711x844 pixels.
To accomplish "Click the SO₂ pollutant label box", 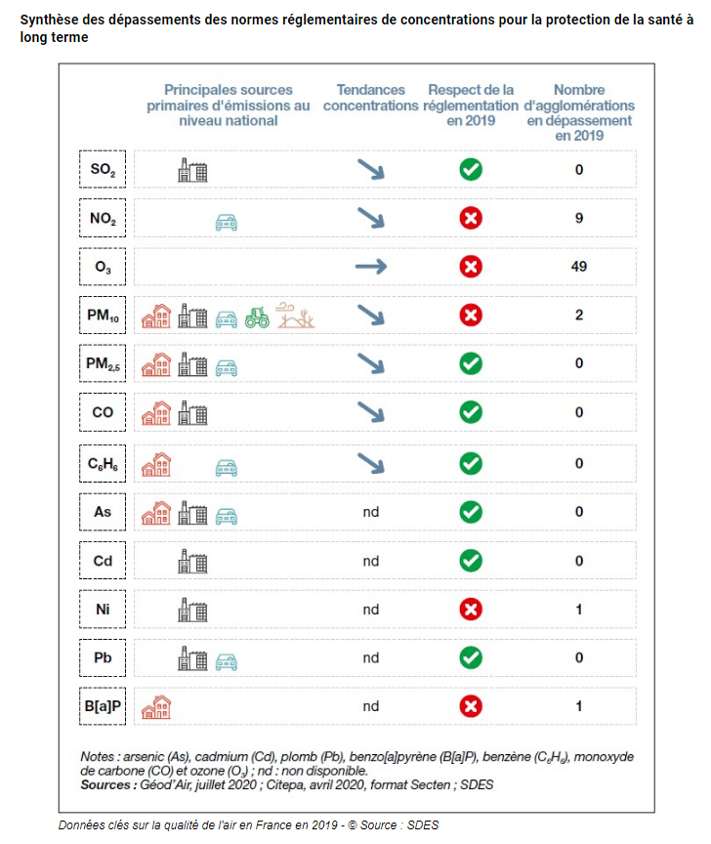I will pyautogui.click(x=103, y=170).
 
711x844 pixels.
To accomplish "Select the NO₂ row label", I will pyautogui.click(x=103, y=219).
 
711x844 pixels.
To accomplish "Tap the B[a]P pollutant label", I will pyautogui.click(x=103, y=705).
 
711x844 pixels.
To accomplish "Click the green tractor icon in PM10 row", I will pyautogui.click(x=257, y=316).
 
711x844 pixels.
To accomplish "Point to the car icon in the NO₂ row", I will pyautogui.click(x=227, y=223).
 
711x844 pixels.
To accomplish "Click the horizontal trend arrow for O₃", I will pyautogui.click(x=370, y=267).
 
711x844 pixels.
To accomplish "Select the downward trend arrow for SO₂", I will pyautogui.click(x=370, y=170).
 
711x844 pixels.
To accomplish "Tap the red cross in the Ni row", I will pyautogui.click(x=471, y=610).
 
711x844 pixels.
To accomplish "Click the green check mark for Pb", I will pyautogui.click(x=471, y=657).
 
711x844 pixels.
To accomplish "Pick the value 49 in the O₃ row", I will pyautogui.click(x=579, y=267).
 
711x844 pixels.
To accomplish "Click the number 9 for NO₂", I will pyautogui.click(x=579, y=219).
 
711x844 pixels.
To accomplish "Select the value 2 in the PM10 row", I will pyautogui.click(x=579, y=316).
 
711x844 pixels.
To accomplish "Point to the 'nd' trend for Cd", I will pyautogui.click(x=370, y=561).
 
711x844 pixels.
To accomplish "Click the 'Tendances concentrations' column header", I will pyautogui.click(x=370, y=98).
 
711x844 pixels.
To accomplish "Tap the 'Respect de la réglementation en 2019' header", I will pyautogui.click(x=471, y=105).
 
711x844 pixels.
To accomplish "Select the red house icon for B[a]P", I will pyautogui.click(x=156, y=705).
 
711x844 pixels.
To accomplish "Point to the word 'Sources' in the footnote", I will pyautogui.click(x=107, y=784).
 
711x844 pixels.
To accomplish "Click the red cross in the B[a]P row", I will pyautogui.click(x=471, y=705).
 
